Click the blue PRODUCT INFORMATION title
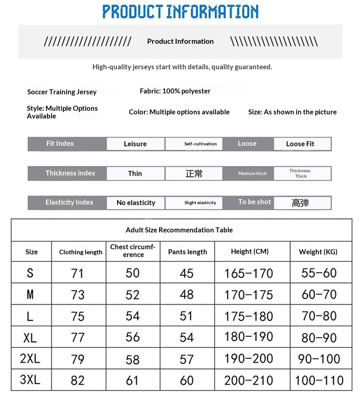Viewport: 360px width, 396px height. tap(180, 11)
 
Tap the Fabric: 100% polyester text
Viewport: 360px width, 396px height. tap(175, 91)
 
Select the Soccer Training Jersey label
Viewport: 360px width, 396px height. tap(62, 92)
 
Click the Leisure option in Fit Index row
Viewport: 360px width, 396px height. tap(135, 144)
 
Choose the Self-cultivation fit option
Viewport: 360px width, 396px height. tap(194, 144)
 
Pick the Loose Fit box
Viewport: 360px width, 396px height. tap(300, 144)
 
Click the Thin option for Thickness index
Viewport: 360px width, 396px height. tap(135, 174)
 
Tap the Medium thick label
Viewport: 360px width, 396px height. tap(252, 174)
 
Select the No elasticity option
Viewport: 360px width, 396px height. tap(136, 203)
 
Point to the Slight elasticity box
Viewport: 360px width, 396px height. tap(194, 203)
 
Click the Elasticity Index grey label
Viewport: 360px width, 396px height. tap(69, 202)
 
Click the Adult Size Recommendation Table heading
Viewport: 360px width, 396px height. tap(179, 230)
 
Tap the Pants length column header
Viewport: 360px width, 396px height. tap(187, 252)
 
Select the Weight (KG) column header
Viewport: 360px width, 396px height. tap(318, 252)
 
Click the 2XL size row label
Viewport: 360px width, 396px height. tap(30, 359)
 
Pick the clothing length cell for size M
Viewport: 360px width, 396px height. tap(78, 295)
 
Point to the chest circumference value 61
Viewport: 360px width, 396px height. tap(133, 380)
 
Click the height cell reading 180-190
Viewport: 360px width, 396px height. tap(249, 337)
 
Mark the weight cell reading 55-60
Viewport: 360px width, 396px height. tap(319, 273)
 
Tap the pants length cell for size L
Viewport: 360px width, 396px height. tap(187, 316)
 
